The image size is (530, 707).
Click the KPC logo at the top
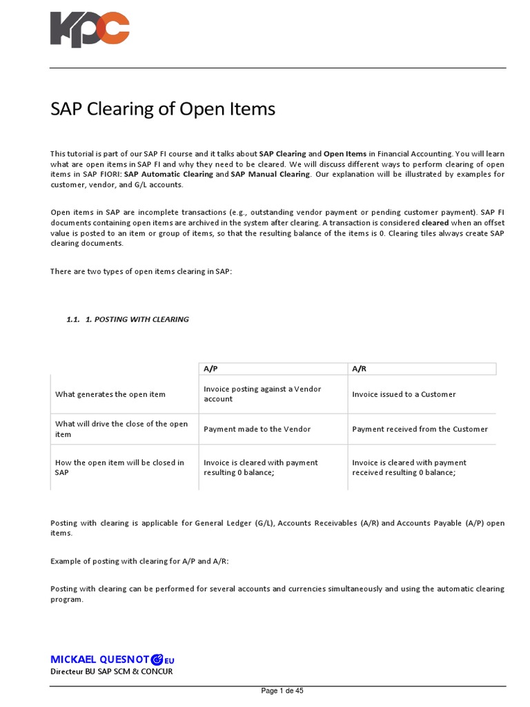pos(90,30)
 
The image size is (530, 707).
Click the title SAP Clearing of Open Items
pos(163,109)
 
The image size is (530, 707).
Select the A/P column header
pos(210,369)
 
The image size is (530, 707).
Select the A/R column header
pos(359,369)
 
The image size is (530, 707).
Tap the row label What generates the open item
pos(110,394)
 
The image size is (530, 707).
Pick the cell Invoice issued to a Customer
pos(404,394)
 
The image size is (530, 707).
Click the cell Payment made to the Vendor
pos(257,429)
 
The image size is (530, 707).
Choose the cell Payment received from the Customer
pos(420,429)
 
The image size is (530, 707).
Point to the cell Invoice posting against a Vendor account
pos(262,394)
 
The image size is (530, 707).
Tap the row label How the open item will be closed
pos(119,467)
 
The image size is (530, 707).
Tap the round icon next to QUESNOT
pos(157,659)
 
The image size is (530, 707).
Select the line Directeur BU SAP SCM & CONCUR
pos(111,671)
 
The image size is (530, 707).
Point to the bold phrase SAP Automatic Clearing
pos(168,175)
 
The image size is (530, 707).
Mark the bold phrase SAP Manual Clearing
pos(271,175)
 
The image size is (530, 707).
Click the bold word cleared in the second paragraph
pos(435,223)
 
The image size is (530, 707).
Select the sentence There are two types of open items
pos(141,271)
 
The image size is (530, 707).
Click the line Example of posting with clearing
pos(139,561)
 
